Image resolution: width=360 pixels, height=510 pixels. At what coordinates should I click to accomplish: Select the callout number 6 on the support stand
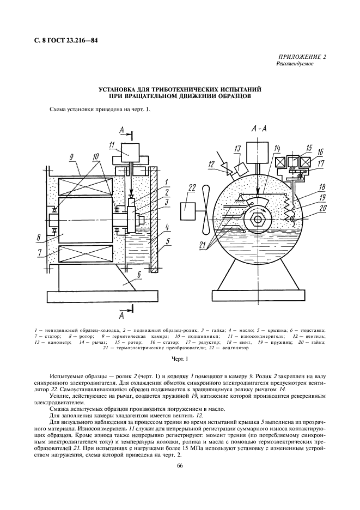139,276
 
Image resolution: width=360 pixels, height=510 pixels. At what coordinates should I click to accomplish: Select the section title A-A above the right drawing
259,129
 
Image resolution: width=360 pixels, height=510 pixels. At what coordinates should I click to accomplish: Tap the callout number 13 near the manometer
237,148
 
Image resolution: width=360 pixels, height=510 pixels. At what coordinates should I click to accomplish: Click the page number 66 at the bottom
180,465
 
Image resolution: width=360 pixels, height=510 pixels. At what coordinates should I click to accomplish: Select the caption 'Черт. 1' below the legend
179,359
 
